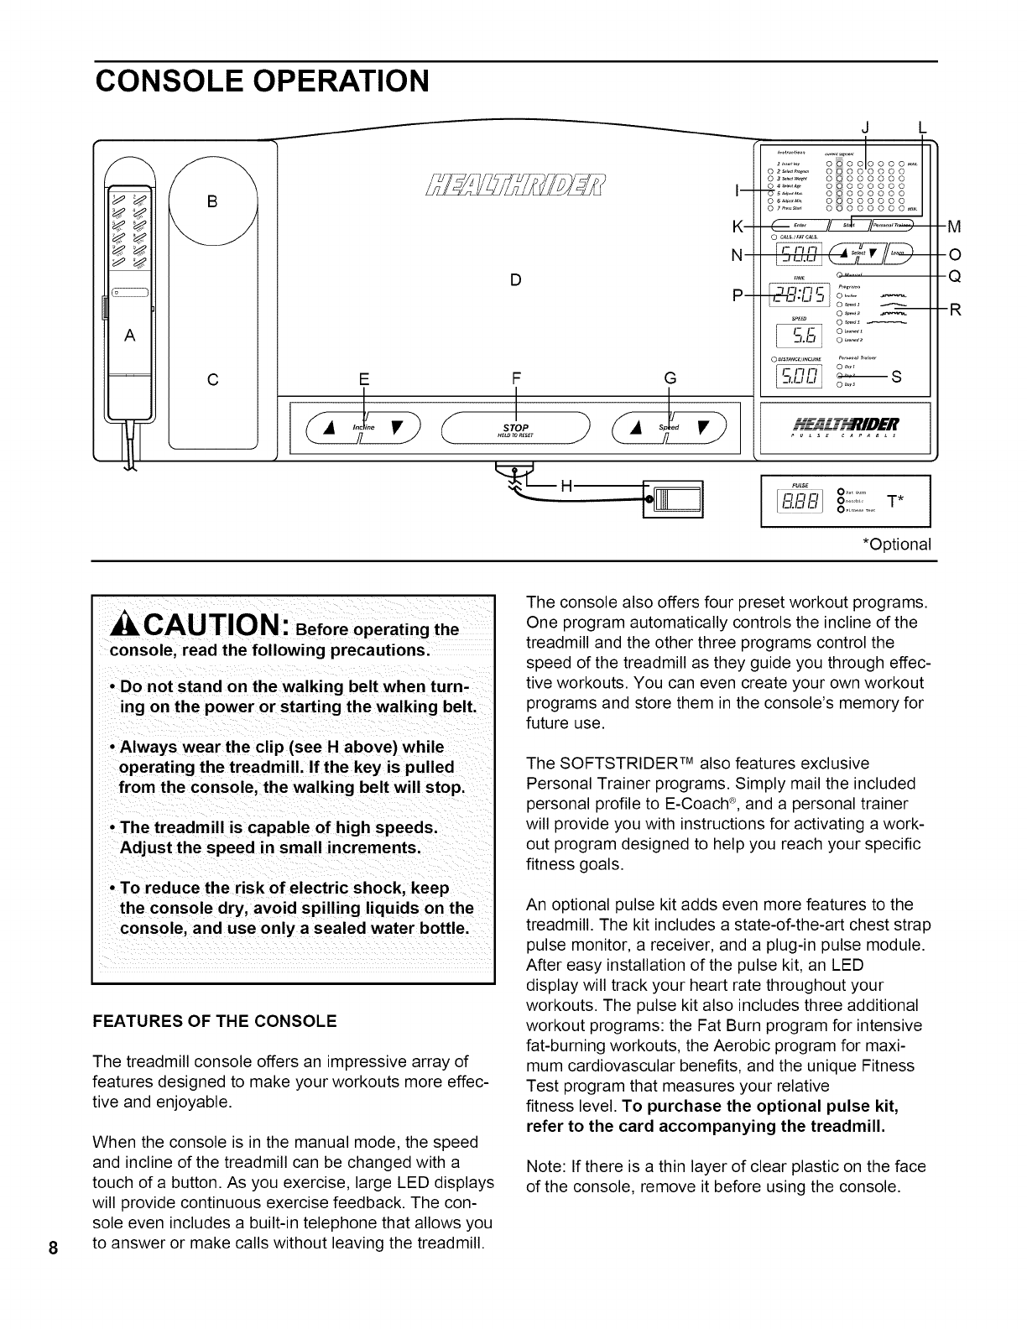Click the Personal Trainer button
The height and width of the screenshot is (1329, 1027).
[889, 226]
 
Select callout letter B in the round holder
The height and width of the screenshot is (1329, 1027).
[212, 201]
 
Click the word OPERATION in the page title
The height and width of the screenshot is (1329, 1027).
[329, 81]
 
